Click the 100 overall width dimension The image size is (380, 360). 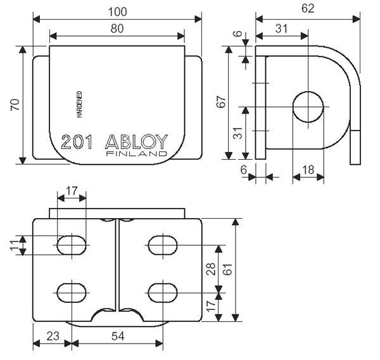pyautogui.click(x=117, y=11)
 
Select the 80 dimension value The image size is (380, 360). pyautogui.click(x=117, y=28)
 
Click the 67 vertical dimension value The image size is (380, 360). pyautogui.click(x=222, y=102)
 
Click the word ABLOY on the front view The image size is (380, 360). pyautogui.click(x=137, y=141)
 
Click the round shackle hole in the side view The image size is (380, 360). pyautogui.click(x=308, y=106)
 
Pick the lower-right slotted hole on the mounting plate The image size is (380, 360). pyautogui.click(x=162, y=292)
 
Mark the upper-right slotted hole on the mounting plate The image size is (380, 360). pyautogui.click(x=162, y=245)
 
